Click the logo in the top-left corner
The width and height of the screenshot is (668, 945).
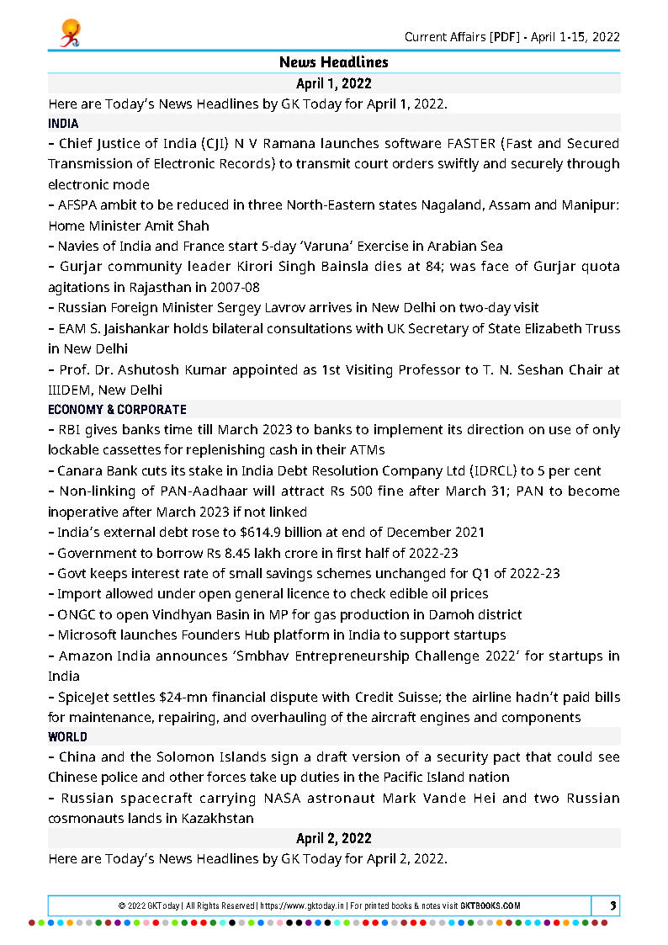70,33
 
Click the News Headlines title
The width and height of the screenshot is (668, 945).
333,63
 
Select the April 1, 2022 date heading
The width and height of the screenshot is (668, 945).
333,83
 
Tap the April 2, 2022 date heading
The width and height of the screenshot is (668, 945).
333,838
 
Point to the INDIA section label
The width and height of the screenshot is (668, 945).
63,124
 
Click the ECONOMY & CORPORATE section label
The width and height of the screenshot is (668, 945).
117,410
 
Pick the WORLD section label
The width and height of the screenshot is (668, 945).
67,736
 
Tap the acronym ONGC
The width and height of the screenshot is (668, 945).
77,615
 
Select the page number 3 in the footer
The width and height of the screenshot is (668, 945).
613,905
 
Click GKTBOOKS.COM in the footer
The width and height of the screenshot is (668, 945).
490,906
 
